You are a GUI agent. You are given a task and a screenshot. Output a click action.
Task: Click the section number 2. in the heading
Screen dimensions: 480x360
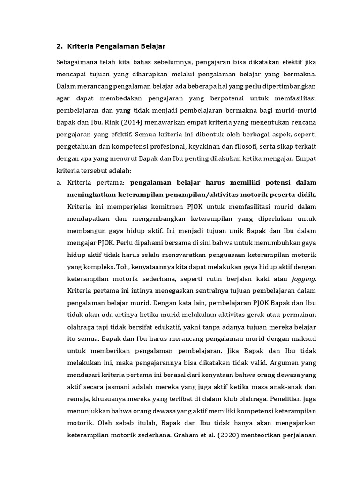pyautogui.click(x=59, y=46)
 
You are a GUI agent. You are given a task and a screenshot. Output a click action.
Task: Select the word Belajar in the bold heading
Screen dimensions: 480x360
pyautogui.click(x=150, y=46)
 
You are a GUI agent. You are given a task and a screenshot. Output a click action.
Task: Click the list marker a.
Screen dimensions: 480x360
pyautogui.click(x=59, y=182)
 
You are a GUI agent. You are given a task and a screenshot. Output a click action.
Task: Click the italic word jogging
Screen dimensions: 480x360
pyautogui.click(x=305, y=279)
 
